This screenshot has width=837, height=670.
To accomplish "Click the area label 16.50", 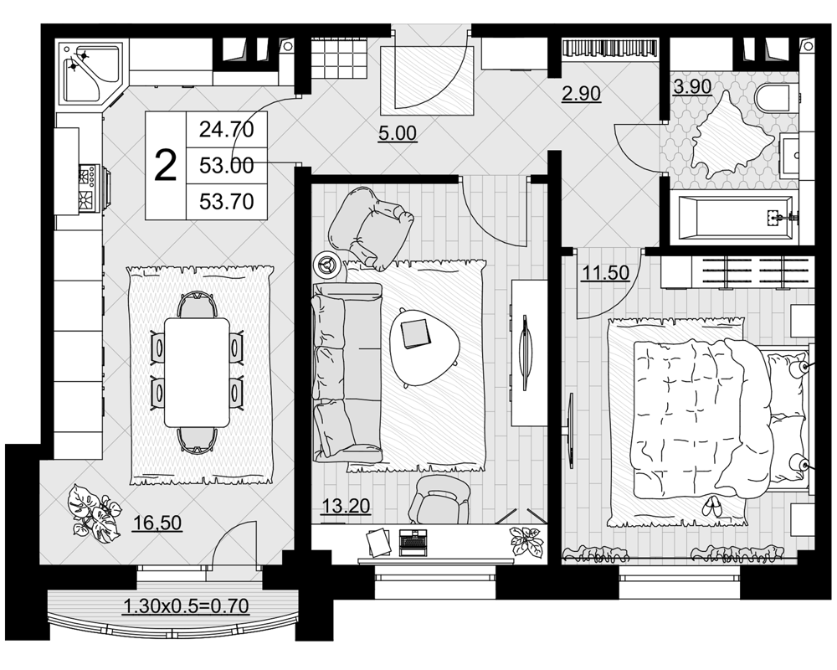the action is point(157,522).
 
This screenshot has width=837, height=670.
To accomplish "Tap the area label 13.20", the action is point(346,505).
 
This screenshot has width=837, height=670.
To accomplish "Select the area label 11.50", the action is point(605,273).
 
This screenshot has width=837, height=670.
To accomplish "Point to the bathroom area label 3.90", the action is point(692,86).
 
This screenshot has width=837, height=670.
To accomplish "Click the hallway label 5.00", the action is point(398,133).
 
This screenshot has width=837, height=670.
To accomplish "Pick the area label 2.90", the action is point(582,94).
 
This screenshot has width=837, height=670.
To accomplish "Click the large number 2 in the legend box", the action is point(165,166).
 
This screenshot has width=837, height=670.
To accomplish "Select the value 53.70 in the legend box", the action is point(226,202).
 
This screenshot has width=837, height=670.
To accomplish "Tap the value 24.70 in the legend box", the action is point(226,129).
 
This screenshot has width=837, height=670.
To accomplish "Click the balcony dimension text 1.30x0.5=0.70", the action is point(187,606).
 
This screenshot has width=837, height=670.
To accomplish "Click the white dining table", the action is point(197,373).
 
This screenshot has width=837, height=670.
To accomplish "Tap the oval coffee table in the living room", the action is point(425,346).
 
